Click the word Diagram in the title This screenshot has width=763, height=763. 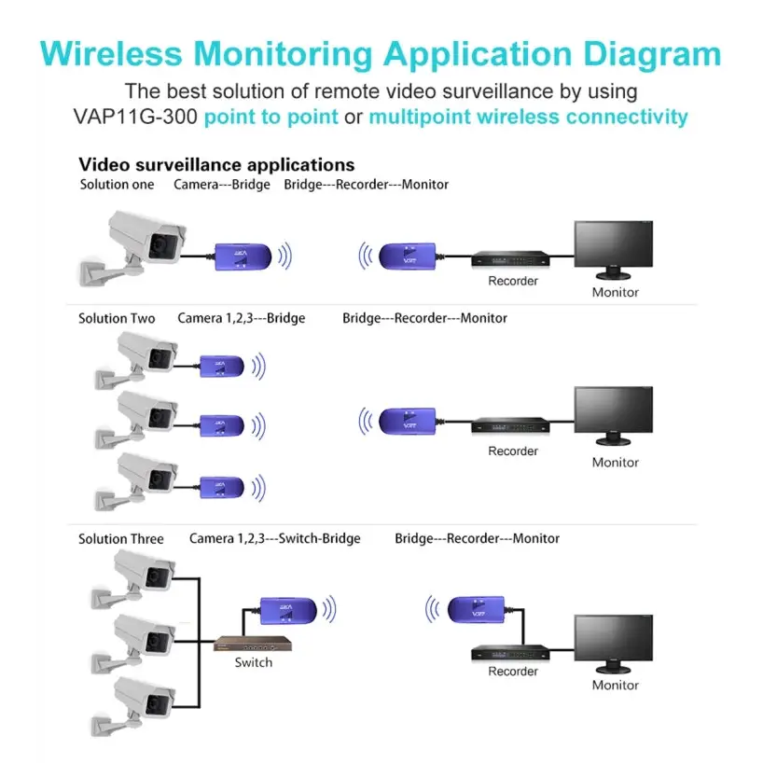[652, 55]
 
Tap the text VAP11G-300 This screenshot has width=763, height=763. [135, 117]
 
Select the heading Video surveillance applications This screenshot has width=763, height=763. [216, 164]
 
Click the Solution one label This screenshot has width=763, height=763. [117, 185]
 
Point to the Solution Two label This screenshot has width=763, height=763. [117, 318]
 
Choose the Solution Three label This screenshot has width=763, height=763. [121, 539]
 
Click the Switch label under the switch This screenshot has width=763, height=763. [254, 662]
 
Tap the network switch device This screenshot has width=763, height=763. [253, 644]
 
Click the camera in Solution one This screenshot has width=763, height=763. [132, 248]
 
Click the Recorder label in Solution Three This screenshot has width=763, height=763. [513, 671]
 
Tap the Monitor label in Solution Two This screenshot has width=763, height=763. [615, 463]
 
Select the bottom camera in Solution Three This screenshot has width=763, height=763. [133, 705]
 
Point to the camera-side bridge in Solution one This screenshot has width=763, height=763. [243, 257]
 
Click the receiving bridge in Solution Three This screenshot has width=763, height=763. [477, 609]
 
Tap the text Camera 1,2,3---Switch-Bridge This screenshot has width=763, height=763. [275, 538]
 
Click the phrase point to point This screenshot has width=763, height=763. [271, 117]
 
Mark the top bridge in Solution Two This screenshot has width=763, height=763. [222, 366]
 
